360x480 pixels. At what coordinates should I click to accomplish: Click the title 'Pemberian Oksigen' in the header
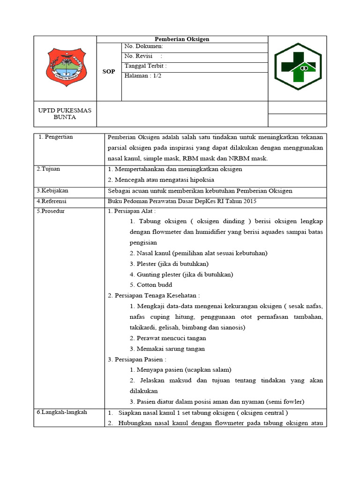coord(182,39)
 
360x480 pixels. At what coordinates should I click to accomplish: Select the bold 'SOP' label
coord(109,72)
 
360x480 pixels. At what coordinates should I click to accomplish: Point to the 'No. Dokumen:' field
coord(143,46)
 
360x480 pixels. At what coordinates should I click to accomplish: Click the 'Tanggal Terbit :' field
coord(145,67)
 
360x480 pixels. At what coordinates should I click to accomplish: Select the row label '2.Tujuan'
coord(48,169)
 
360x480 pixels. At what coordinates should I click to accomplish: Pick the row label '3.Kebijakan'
coord(52,191)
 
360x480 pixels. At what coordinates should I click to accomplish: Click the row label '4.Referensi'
coord(52,201)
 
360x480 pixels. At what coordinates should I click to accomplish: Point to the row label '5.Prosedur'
coord(51,211)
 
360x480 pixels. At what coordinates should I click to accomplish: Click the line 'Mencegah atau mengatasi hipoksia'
coord(157,180)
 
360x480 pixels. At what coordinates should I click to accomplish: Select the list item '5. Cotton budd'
coord(151,285)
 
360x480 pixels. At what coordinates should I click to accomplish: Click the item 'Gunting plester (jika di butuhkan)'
coord(181,274)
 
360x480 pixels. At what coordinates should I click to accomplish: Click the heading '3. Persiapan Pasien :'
coord(136,359)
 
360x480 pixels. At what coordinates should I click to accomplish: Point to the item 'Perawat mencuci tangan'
coord(168,338)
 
